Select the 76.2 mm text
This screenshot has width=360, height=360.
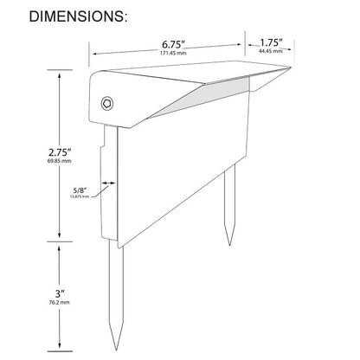pyautogui.click(x=58, y=305)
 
